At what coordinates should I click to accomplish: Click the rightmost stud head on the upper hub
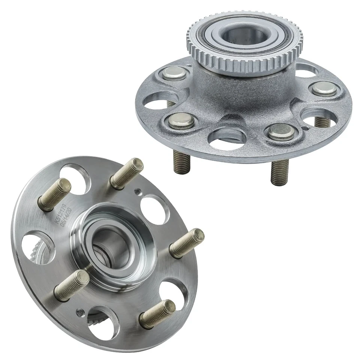(x=323, y=89)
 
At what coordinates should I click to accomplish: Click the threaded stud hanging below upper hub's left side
(x=182, y=161)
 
